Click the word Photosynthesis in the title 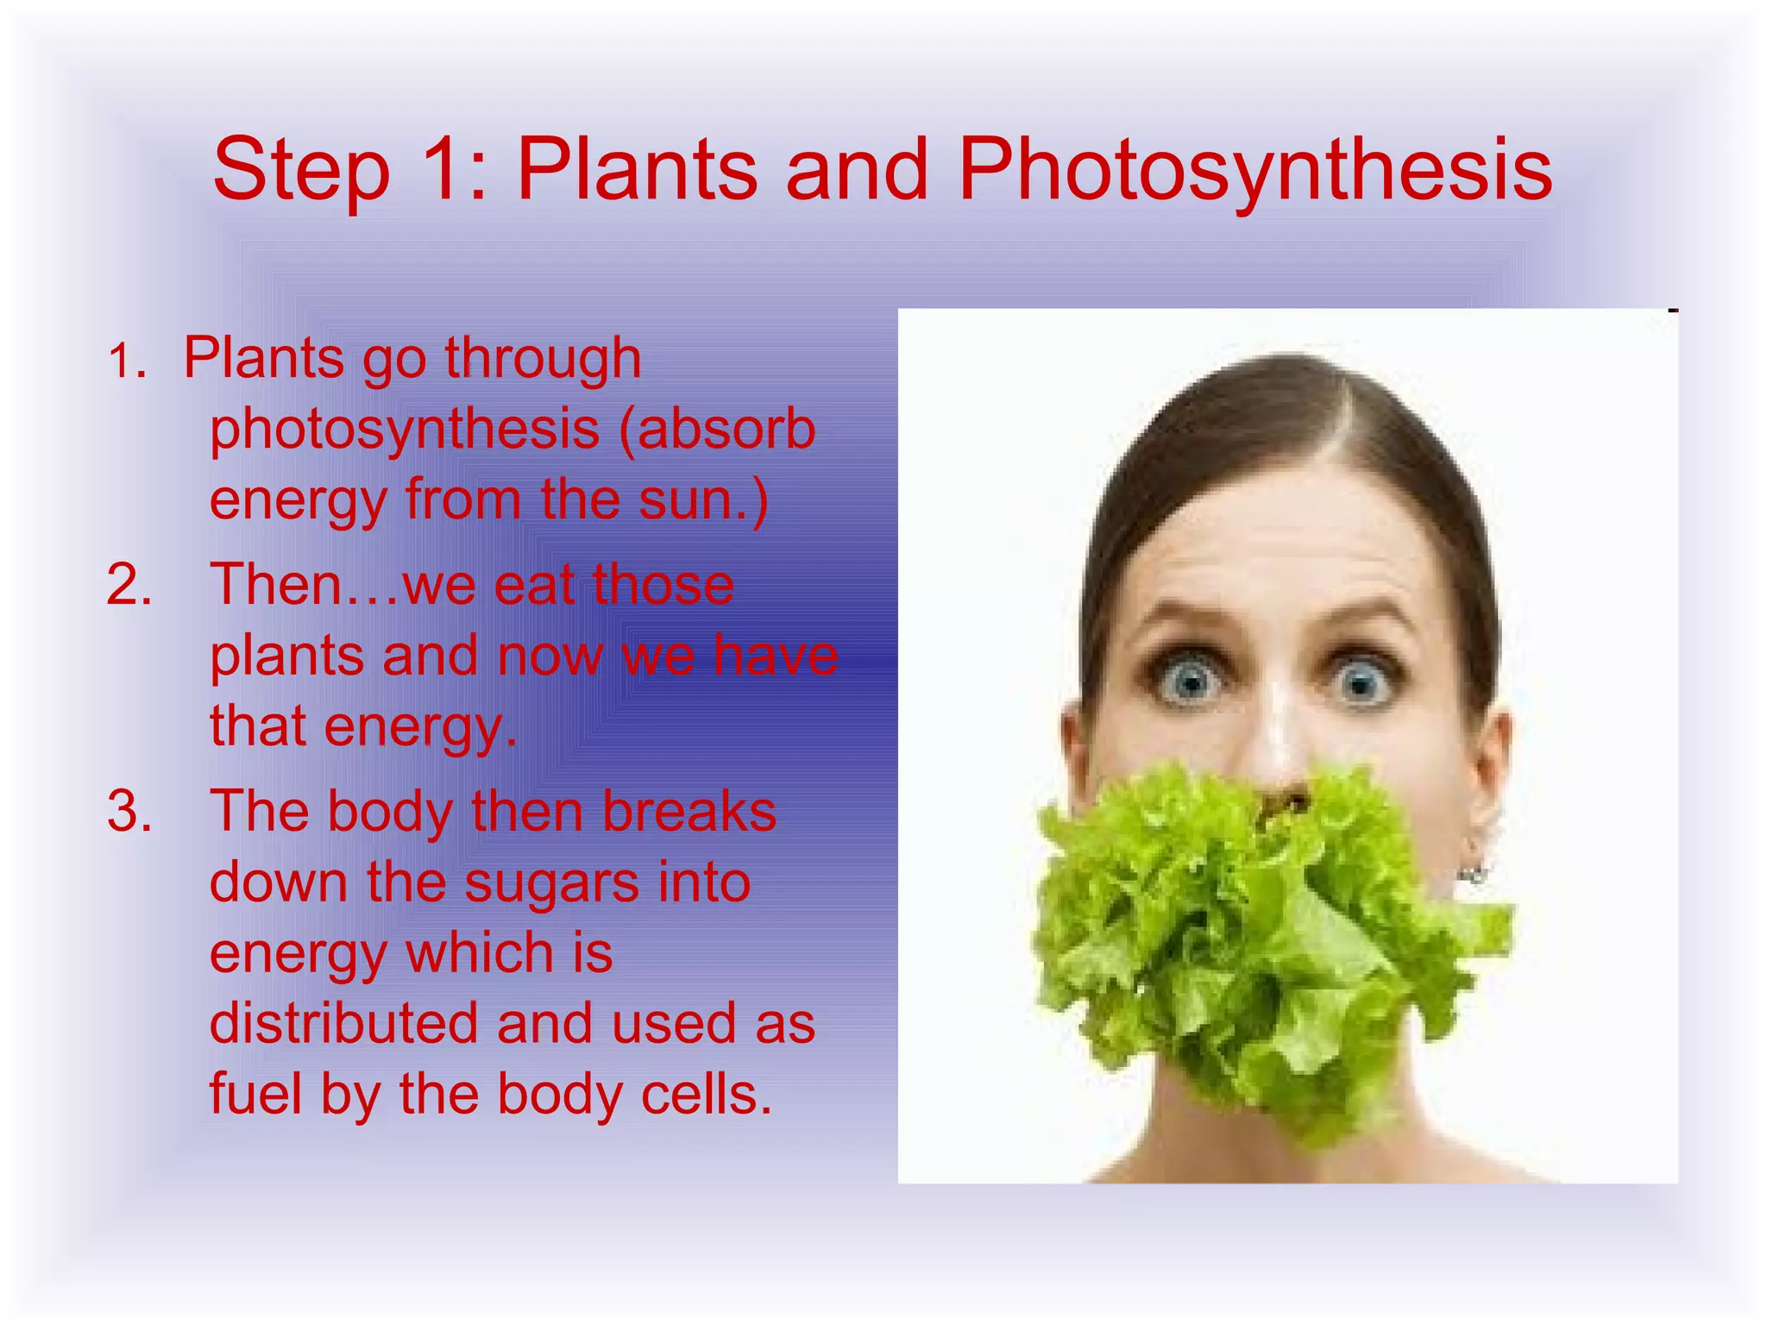(x=1255, y=171)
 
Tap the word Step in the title (x=301, y=171)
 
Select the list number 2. (x=129, y=585)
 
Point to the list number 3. (x=129, y=812)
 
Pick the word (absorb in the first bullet (x=717, y=429)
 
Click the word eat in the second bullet (x=534, y=585)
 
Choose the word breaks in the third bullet (x=689, y=812)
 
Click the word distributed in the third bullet (x=343, y=1024)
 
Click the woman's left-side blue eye (x=1191, y=682)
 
